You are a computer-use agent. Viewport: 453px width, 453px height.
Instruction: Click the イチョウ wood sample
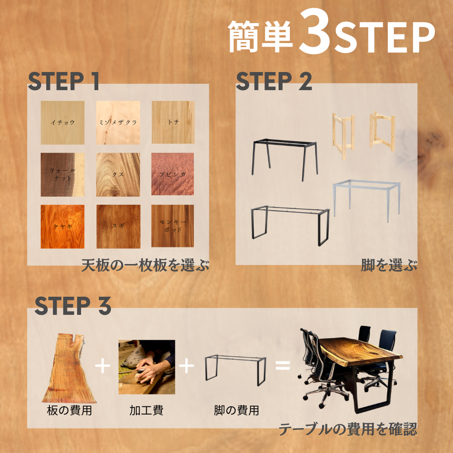pyautogui.click(x=63, y=122)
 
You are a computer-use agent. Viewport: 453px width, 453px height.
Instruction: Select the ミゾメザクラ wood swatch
pyautogui.click(x=118, y=122)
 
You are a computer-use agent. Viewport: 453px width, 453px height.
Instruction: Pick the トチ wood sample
pyautogui.click(x=173, y=122)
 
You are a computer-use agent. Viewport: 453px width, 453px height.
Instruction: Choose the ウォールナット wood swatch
pyautogui.click(x=63, y=174)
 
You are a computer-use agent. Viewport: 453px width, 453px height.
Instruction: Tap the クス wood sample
pyautogui.click(x=118, y=174)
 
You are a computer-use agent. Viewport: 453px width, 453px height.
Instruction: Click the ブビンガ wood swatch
pyautogui.click(x=173, y=174)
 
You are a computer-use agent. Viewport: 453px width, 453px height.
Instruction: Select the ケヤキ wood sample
pyautogui.click(x=63, y=226)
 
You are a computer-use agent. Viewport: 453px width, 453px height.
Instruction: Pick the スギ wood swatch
pyautogui.click(x=118, y=226)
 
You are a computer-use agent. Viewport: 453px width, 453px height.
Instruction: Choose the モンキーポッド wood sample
pyautogui.click(x=173, y=226)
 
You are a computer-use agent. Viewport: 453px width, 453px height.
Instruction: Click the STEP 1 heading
pyautogui.click(x=63, y=81)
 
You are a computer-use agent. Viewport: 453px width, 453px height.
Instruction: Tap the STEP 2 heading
pyautogui.click(x=274, y=81)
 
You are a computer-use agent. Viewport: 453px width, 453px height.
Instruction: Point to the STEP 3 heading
pyautogui.click(x=73, y=305)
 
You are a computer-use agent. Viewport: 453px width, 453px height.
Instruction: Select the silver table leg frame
pyautogui.click(x=366, y=201)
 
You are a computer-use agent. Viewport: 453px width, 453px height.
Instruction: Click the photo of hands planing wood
pyautogui.click(x=147, y=367)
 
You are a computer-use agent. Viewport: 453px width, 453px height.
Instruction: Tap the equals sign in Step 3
pyautogui.click(x=283, y=365)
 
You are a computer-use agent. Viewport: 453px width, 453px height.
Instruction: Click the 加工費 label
pyautogui.click(x=146, y=410)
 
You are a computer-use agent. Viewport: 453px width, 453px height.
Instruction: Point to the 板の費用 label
pyautogui.click(x=69, y=410)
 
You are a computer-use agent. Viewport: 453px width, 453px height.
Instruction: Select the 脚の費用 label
pyautogui.click(x=236, y=410)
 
